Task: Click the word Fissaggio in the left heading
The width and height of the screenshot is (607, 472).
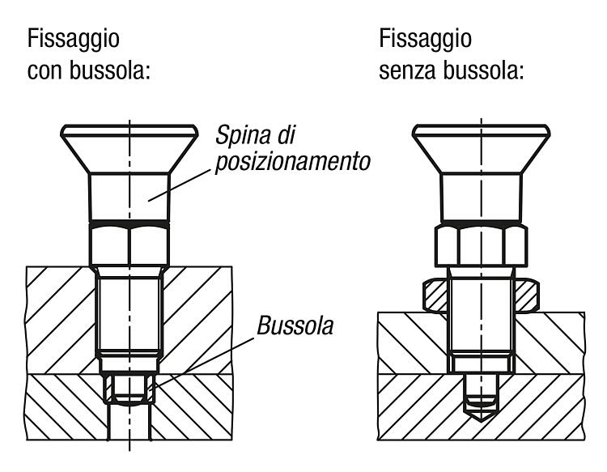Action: coord(73,40)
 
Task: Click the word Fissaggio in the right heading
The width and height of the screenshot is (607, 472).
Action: coord(425,40)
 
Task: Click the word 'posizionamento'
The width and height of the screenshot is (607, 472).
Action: coord(293,162)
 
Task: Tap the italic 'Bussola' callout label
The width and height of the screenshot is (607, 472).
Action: coord(295,325)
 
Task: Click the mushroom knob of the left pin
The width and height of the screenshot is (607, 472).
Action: coord(129,149)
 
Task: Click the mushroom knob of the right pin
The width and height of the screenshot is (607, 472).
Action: coord(482,149)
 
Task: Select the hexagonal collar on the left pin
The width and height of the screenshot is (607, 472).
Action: coord(129,245)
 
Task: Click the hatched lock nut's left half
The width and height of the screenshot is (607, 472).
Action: coord(435,296)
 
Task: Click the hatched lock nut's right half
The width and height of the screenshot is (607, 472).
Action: coord(527,296)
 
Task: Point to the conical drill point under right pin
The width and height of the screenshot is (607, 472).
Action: coord(482,414)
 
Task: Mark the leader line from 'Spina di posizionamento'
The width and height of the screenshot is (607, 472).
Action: coord(180,185)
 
